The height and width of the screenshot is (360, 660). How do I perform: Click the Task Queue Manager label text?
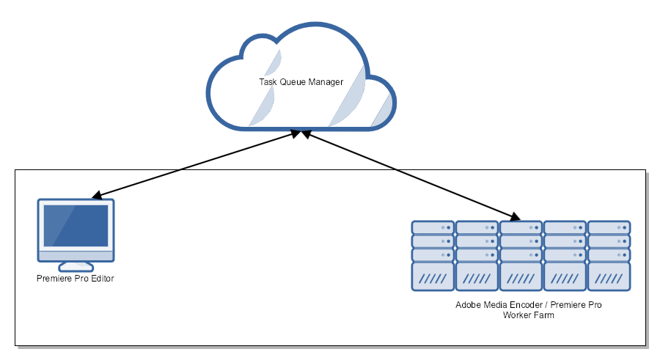pos(301,82)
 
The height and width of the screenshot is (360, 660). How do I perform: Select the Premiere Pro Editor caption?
pos(76,279)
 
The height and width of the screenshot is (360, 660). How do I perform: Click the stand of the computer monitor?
pos(76,265)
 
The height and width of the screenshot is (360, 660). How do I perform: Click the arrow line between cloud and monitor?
pos(194,165)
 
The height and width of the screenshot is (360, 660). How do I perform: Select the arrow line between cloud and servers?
pos(411,175)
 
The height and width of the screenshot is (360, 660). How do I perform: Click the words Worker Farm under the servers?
pos(528,315)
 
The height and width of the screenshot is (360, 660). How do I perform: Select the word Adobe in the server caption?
pos(467,304)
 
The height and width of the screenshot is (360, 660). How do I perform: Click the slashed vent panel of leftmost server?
pos(433,279)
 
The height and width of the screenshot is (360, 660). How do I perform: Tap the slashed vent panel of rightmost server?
pos(609,279)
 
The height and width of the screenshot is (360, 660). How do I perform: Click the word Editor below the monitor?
pos(102,279)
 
